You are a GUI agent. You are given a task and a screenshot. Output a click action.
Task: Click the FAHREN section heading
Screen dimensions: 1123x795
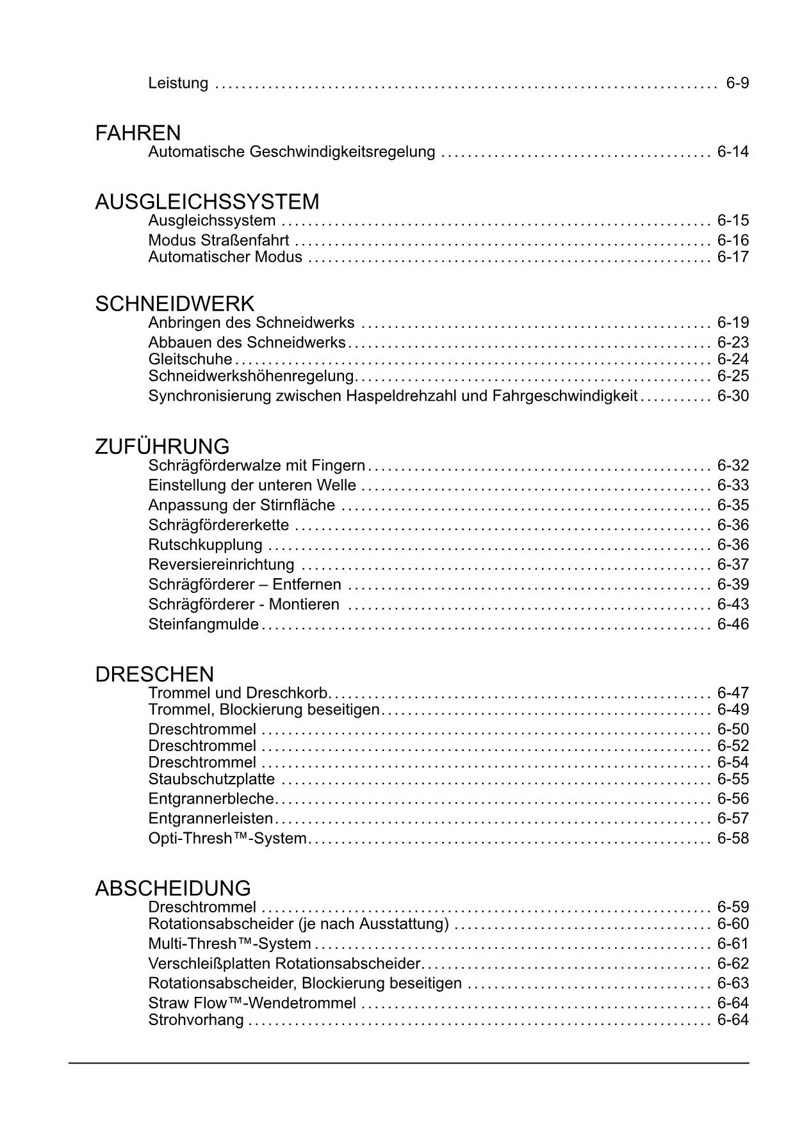pos(138,133)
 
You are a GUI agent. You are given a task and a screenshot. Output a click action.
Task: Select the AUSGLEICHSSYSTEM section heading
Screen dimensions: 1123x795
pos(207,202)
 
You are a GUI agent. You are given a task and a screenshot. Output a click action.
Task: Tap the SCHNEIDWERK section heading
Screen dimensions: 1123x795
pos(175,303)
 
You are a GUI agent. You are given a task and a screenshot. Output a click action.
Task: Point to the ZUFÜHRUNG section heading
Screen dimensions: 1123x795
pos(162,446)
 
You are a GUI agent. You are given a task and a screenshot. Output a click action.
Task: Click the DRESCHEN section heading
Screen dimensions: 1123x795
pos(154,674)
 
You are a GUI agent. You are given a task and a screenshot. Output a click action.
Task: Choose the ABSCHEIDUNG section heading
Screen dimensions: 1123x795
pos(173,888)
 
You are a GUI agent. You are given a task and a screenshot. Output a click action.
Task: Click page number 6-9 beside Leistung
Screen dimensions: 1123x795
pos(737,83)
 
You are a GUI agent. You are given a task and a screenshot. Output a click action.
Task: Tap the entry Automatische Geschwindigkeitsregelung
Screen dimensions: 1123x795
pos(291,152)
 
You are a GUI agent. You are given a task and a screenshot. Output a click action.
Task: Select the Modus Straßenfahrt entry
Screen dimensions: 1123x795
pos(218,241)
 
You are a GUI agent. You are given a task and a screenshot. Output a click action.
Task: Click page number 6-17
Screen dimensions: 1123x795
pos(733,257)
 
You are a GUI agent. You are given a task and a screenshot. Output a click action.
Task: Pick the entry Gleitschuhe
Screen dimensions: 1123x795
pos(190,359)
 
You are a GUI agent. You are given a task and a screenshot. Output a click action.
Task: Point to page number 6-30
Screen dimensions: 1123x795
pos(733,396)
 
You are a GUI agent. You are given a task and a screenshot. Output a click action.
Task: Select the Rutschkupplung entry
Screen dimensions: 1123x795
pos(205,545)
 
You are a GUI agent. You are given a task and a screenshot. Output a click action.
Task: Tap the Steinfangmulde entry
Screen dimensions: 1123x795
pos(204,624)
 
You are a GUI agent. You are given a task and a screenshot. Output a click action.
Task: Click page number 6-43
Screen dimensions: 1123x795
pos(733,604)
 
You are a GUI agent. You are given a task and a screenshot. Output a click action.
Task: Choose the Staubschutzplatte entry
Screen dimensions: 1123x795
pos(211,779)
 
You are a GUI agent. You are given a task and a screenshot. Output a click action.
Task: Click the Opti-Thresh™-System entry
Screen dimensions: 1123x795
pos(227,838)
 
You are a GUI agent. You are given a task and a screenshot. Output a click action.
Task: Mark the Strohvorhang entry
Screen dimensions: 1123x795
pos(196,1020)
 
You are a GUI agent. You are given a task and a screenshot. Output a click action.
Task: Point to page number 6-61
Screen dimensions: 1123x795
pos(733,944)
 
